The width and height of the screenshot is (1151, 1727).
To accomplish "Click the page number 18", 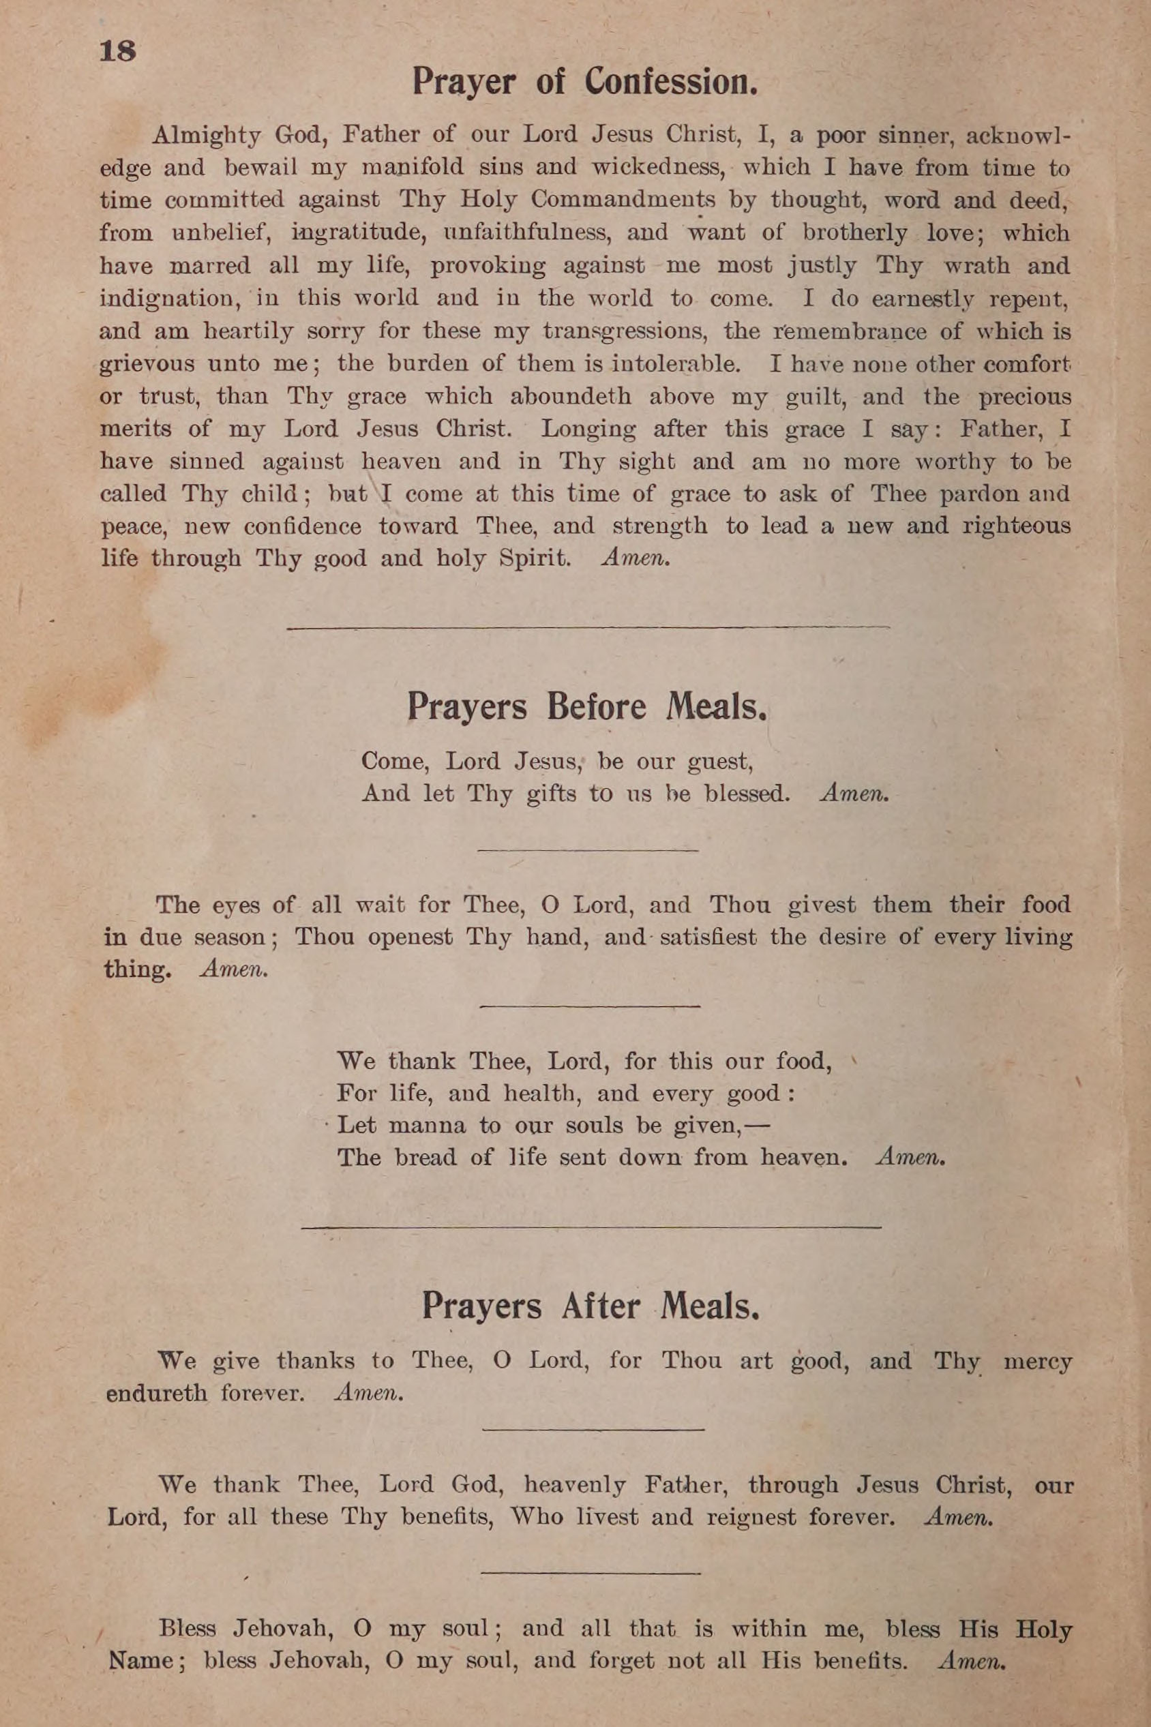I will (x=117, y=51).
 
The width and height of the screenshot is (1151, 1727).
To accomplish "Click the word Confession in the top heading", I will (x=670, y=83).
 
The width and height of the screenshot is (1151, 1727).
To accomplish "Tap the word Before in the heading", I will (x=596, y=707).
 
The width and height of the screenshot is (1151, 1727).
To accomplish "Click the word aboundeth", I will (x=569, y=397).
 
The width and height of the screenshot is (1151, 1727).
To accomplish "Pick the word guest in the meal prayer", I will (x=719, y=762).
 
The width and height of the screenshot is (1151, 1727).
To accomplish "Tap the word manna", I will (x=426, y=1126).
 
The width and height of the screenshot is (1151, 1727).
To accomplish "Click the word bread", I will (x=425, y=1158).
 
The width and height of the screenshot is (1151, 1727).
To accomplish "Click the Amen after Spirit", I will (x=635, y=558).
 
